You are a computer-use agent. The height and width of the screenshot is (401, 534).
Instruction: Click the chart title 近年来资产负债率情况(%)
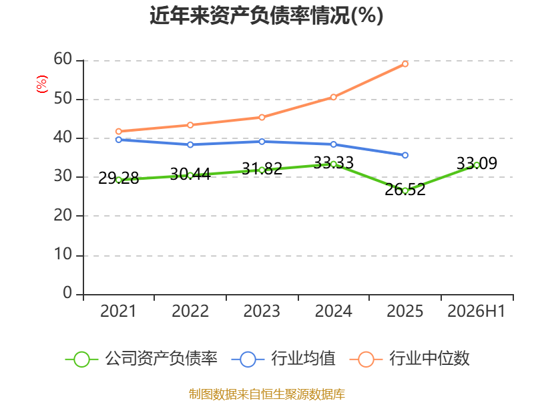[x=266, y=15]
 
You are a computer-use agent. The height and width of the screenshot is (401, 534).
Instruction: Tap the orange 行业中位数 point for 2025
[x=405, y=63]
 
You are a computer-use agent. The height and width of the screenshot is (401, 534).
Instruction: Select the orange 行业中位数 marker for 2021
[x=119, y=131]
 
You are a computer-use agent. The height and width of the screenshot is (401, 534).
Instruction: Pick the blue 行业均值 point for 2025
[x=405, y=155]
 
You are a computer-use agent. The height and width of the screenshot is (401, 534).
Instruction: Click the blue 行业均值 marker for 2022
[x=190, y=144]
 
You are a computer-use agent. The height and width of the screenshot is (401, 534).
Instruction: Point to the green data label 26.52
[x=405, y=189]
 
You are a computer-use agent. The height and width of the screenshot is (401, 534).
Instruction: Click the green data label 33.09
[x=477, y=163]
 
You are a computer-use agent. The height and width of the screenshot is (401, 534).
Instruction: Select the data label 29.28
[x=119, y=178]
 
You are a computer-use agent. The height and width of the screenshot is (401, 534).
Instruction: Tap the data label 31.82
[x=262, y=169]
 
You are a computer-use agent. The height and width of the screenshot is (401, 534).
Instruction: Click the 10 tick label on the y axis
[x=63, y=254]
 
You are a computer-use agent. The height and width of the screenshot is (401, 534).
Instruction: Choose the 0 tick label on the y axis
[x=67, y=293]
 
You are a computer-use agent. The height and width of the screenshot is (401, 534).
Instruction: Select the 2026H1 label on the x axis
[x=476, y=311]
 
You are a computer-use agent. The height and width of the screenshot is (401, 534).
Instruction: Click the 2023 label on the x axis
[x=262, y=311]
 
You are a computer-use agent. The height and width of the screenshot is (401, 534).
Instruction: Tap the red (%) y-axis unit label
[x=42, y=84]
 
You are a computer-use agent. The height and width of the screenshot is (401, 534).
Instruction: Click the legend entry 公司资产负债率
[x=142, y=359]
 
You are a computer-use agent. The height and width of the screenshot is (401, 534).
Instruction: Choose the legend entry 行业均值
[x=283, y=359]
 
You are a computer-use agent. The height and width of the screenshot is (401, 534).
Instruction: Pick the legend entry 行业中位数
[x=410, y=359]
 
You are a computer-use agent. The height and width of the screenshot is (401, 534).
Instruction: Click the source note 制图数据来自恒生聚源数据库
[x=267, y=394]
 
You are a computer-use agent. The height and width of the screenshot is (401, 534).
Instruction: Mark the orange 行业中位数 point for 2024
[x=333, y=97]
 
